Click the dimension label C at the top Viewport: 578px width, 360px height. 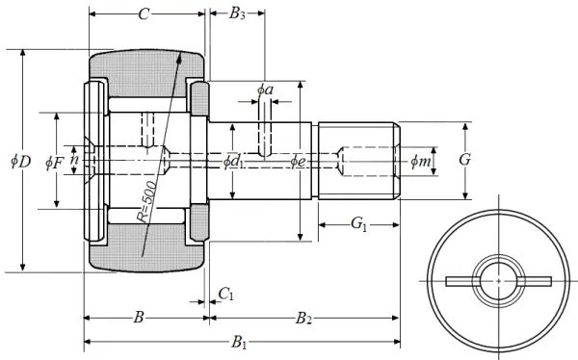tap(144, 14)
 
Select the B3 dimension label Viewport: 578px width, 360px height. tap(237, 13)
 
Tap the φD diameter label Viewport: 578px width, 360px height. tap(20, 162)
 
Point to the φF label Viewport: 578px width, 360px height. tap(55, 163)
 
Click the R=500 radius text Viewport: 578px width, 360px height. tap(147, 201)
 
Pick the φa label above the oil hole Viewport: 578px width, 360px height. tap(266, 90)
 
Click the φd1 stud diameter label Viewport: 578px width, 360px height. tap(233, 162)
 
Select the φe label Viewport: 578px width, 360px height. tap(298, 162)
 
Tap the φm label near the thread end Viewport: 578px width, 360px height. tap(420, 161)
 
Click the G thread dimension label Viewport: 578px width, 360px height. tap(465, 160)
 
